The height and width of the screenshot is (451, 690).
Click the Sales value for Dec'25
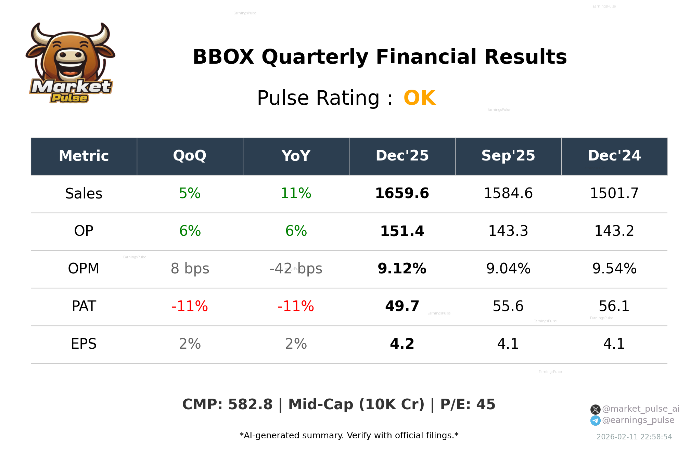[x=402, y=193]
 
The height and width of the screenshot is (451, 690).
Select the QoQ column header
[x=190, y=156]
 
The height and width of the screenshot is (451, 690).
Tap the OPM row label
[x=84, y=269]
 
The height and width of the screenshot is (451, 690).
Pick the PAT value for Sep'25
[x=508, y=306]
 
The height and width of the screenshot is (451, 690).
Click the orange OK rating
[x=420, y=98]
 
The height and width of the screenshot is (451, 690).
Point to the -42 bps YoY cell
[x=296, y=269]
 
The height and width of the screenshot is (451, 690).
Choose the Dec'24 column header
[x=614, y=156]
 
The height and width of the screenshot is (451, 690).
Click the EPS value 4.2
[x=402, y=344]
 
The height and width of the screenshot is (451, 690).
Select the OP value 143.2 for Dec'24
[x=614, y=231]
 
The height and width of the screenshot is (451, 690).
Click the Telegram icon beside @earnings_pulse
[x=595, y=421]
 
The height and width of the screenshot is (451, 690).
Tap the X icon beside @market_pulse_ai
[x=595, y=409]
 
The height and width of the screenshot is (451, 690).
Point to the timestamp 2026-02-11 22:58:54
[x=634, y=437]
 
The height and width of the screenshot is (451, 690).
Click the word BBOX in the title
[x=223, y=57]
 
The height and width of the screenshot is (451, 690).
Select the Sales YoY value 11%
[x=296, y=193]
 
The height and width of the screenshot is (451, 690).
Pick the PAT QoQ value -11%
[x=190, y=306]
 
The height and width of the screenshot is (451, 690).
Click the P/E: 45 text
[x=468, y=404]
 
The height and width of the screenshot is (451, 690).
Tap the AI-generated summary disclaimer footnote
[x=349, y=436]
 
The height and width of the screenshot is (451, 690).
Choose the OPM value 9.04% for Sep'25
[x=508, y=269]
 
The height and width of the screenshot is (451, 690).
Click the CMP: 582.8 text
[x=227, y=404]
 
